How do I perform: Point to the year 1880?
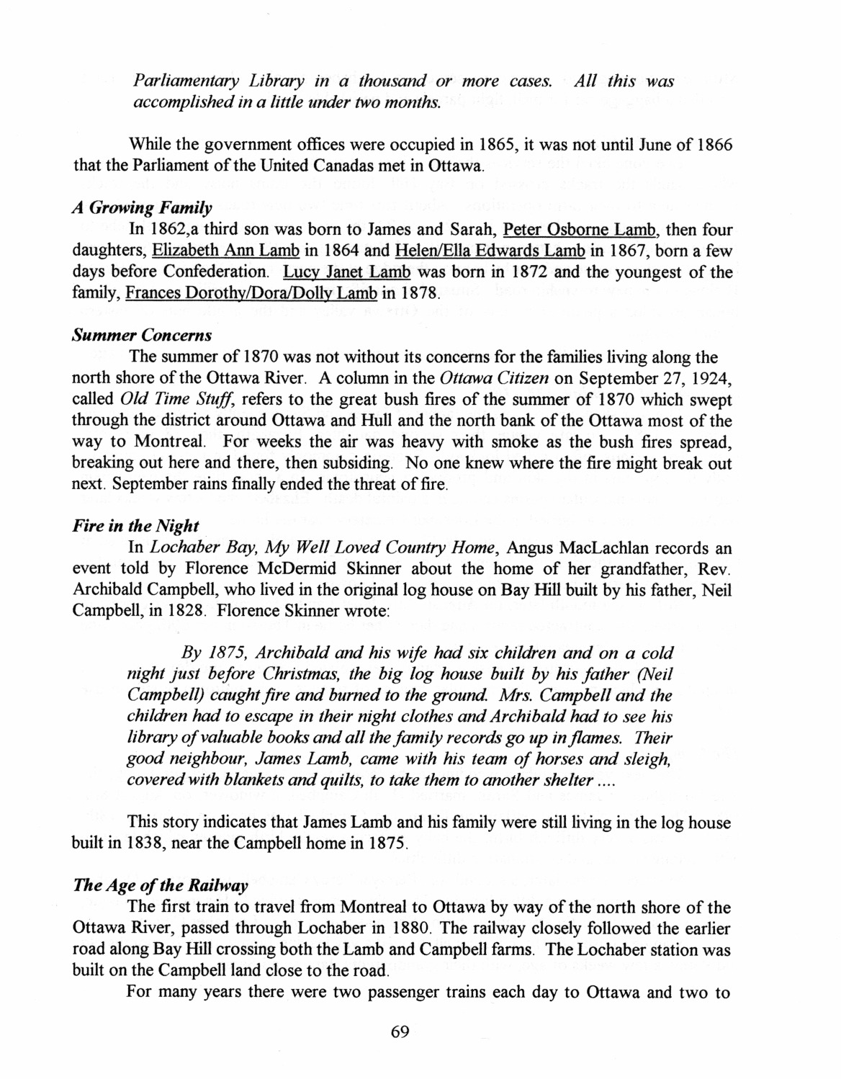406,928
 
